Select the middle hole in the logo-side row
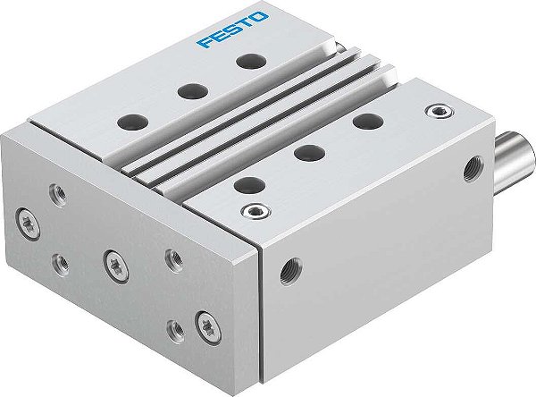click(x=188, y=89)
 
